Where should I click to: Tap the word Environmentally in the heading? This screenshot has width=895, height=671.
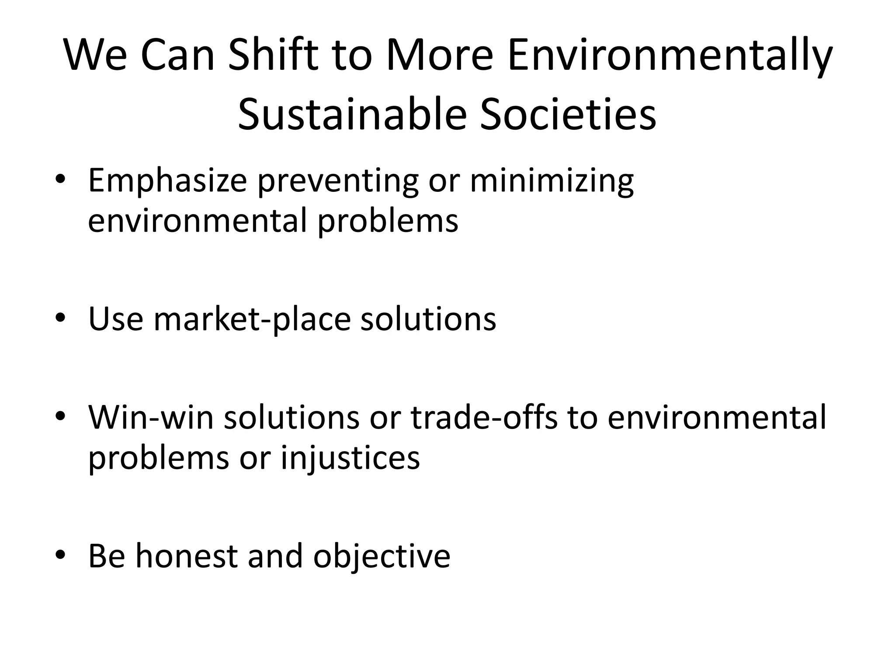670,55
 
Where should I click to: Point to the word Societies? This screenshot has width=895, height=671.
568,114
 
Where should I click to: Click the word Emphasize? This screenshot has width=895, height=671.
167,181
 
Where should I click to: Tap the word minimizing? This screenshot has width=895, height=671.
552,181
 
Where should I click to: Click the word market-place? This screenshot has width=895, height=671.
252,319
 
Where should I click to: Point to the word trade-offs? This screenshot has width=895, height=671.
484,417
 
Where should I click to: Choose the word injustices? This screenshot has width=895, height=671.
350,458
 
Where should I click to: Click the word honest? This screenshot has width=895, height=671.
187,556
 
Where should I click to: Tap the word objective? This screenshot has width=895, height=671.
382,557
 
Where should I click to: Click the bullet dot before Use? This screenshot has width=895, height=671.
60,318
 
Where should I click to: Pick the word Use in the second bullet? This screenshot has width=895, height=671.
115,319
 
